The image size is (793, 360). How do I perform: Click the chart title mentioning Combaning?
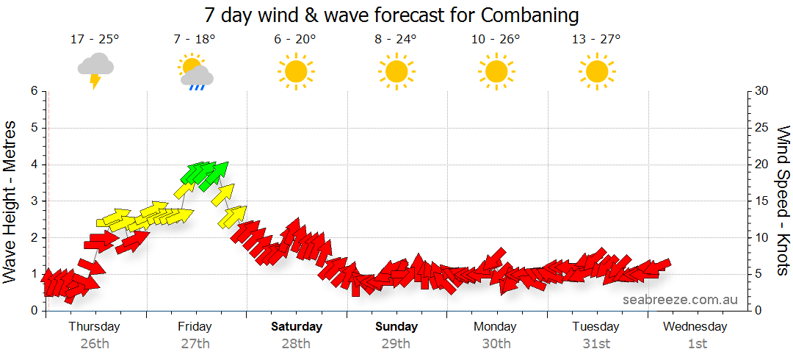coord(391,15)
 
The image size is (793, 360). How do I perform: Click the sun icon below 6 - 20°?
coord(295,71)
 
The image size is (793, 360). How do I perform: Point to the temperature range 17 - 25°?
coord(95,39)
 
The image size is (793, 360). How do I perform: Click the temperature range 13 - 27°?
coord(596,39)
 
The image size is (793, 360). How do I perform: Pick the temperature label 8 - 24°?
coord(396,39)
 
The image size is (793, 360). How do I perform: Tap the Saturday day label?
coord(296,326)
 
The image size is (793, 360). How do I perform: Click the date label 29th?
coord(396,343)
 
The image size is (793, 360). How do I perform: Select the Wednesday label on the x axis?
coord(695,326)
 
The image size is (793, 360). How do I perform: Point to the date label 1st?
coord(697,343)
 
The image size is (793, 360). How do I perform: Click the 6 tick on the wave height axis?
coord(33,91)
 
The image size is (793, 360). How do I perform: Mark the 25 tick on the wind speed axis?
coord(762,128)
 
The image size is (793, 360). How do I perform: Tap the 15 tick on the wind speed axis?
coord(762,201)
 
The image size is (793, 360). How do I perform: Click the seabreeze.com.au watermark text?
coord(680,299)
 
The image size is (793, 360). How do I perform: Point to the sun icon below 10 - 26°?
coord(496,71)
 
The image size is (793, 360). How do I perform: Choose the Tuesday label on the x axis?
coord(595,326)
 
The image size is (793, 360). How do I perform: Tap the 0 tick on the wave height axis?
coord(33,311)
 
